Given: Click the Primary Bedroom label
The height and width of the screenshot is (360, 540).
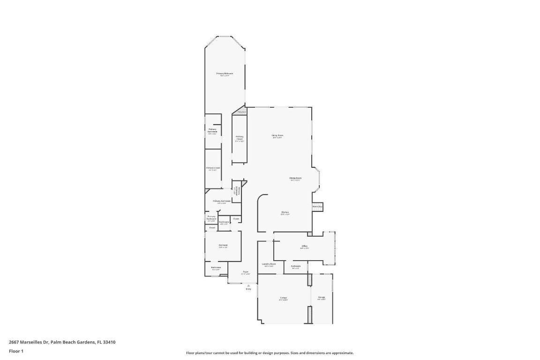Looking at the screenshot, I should [225, 74].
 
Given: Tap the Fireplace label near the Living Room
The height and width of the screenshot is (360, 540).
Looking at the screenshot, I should [241, 112].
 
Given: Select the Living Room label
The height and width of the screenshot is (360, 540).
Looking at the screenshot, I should [277, 135].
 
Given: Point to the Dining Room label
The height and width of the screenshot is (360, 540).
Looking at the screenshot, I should [295, 178].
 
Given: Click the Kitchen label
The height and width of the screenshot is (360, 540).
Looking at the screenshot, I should [285, 212].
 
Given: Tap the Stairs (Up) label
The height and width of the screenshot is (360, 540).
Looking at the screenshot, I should [317, 206].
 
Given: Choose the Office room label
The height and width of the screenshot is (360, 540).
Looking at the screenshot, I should [304, 246].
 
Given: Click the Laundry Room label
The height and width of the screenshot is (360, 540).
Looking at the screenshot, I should [269, 264].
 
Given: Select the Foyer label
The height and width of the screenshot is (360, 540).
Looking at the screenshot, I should [245, 272].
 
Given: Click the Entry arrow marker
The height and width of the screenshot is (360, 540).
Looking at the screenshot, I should [248, 285].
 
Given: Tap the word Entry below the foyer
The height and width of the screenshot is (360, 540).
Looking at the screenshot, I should [248, 289].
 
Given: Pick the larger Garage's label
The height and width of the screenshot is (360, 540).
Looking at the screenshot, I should [283, 298].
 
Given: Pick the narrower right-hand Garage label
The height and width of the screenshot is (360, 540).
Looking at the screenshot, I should [322, 297].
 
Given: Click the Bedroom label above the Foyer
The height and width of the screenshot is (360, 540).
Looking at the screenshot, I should [223, 245].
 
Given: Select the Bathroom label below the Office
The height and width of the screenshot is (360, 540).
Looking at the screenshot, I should [295, 266].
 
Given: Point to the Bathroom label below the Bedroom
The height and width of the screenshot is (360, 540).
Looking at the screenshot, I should [216, 268].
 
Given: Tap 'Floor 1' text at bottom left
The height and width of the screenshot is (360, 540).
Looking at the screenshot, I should [16, 351].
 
